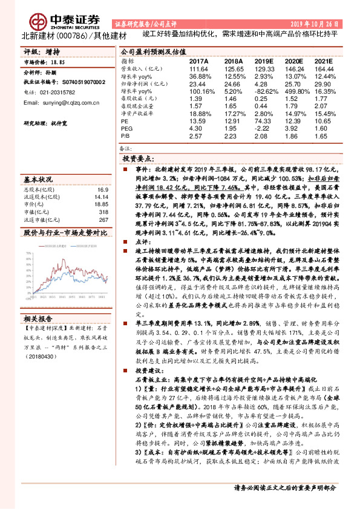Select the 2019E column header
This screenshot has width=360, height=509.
(264, 62)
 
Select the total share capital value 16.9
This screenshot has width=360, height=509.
(102, 189)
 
